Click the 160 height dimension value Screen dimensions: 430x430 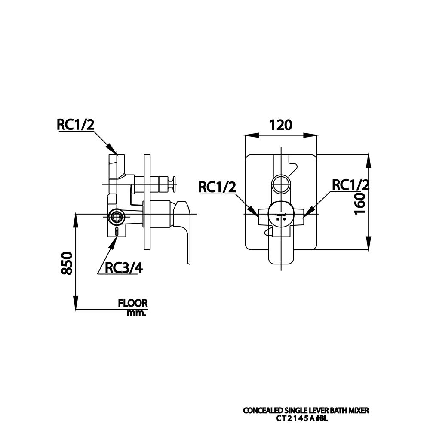360,203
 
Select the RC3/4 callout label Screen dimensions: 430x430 124,268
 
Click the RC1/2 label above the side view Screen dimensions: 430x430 75,124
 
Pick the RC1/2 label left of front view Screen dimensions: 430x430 217,187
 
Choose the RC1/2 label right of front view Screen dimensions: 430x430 350,185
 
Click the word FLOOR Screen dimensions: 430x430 133,303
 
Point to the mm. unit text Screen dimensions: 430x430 137,313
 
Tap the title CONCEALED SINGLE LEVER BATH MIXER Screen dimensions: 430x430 306,411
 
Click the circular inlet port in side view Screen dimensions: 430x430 116,217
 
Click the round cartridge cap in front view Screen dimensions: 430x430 281,213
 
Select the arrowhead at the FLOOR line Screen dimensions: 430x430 76,303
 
